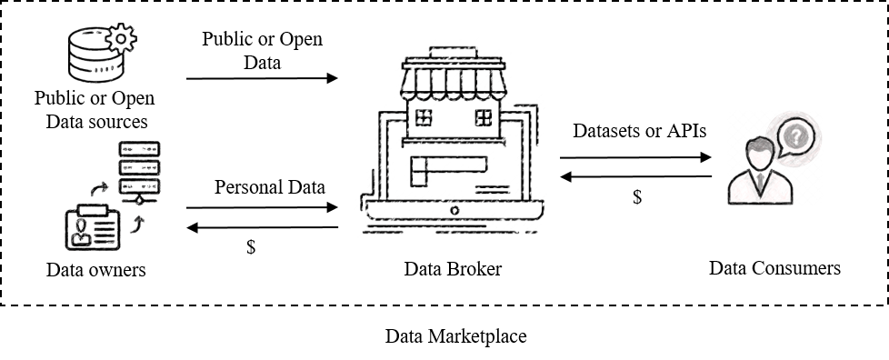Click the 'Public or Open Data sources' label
tap(95, 108)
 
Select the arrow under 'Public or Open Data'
tap(262, 78)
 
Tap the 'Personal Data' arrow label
tap(270, 187)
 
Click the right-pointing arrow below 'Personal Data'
tap(262, 208)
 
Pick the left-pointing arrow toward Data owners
tap(262, 227)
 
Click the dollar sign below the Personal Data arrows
tap(251, 247)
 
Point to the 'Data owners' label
tap(95, 270)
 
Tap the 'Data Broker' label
tap(453, 269)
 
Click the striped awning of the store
tap(451, 81)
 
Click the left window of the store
tap(423, 116)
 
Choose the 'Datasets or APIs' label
tap(639, 131)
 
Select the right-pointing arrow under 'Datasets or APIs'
tap(634, 156)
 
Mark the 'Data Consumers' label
tap(774, 268)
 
